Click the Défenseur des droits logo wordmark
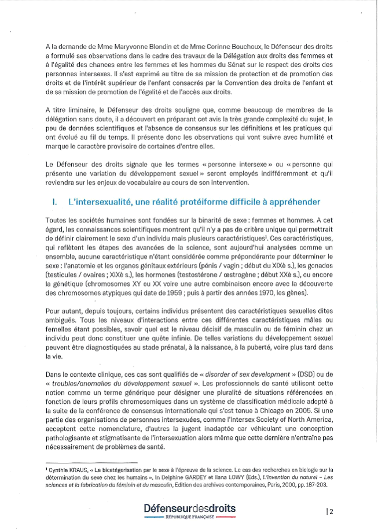[x=190, y=508]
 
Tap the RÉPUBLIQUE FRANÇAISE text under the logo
[x=190, y=518]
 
